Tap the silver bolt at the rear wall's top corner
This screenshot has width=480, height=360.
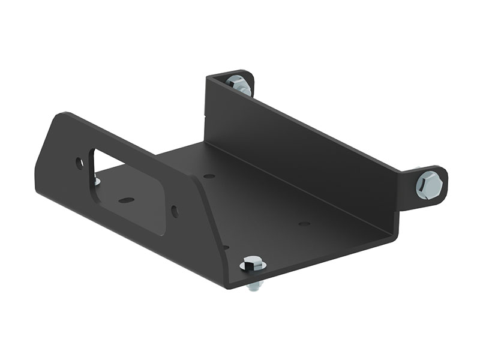click(239, 85)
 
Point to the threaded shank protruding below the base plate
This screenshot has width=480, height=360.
click(254, 284)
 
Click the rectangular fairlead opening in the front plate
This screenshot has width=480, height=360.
click(126, 192)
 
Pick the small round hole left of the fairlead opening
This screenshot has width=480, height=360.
click(80, 162)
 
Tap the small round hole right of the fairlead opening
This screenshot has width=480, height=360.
click(174, 211)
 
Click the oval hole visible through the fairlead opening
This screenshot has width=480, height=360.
click(125, 200)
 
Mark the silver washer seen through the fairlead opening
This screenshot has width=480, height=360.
click(97, 178)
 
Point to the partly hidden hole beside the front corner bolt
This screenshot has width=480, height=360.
click(226, 247)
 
